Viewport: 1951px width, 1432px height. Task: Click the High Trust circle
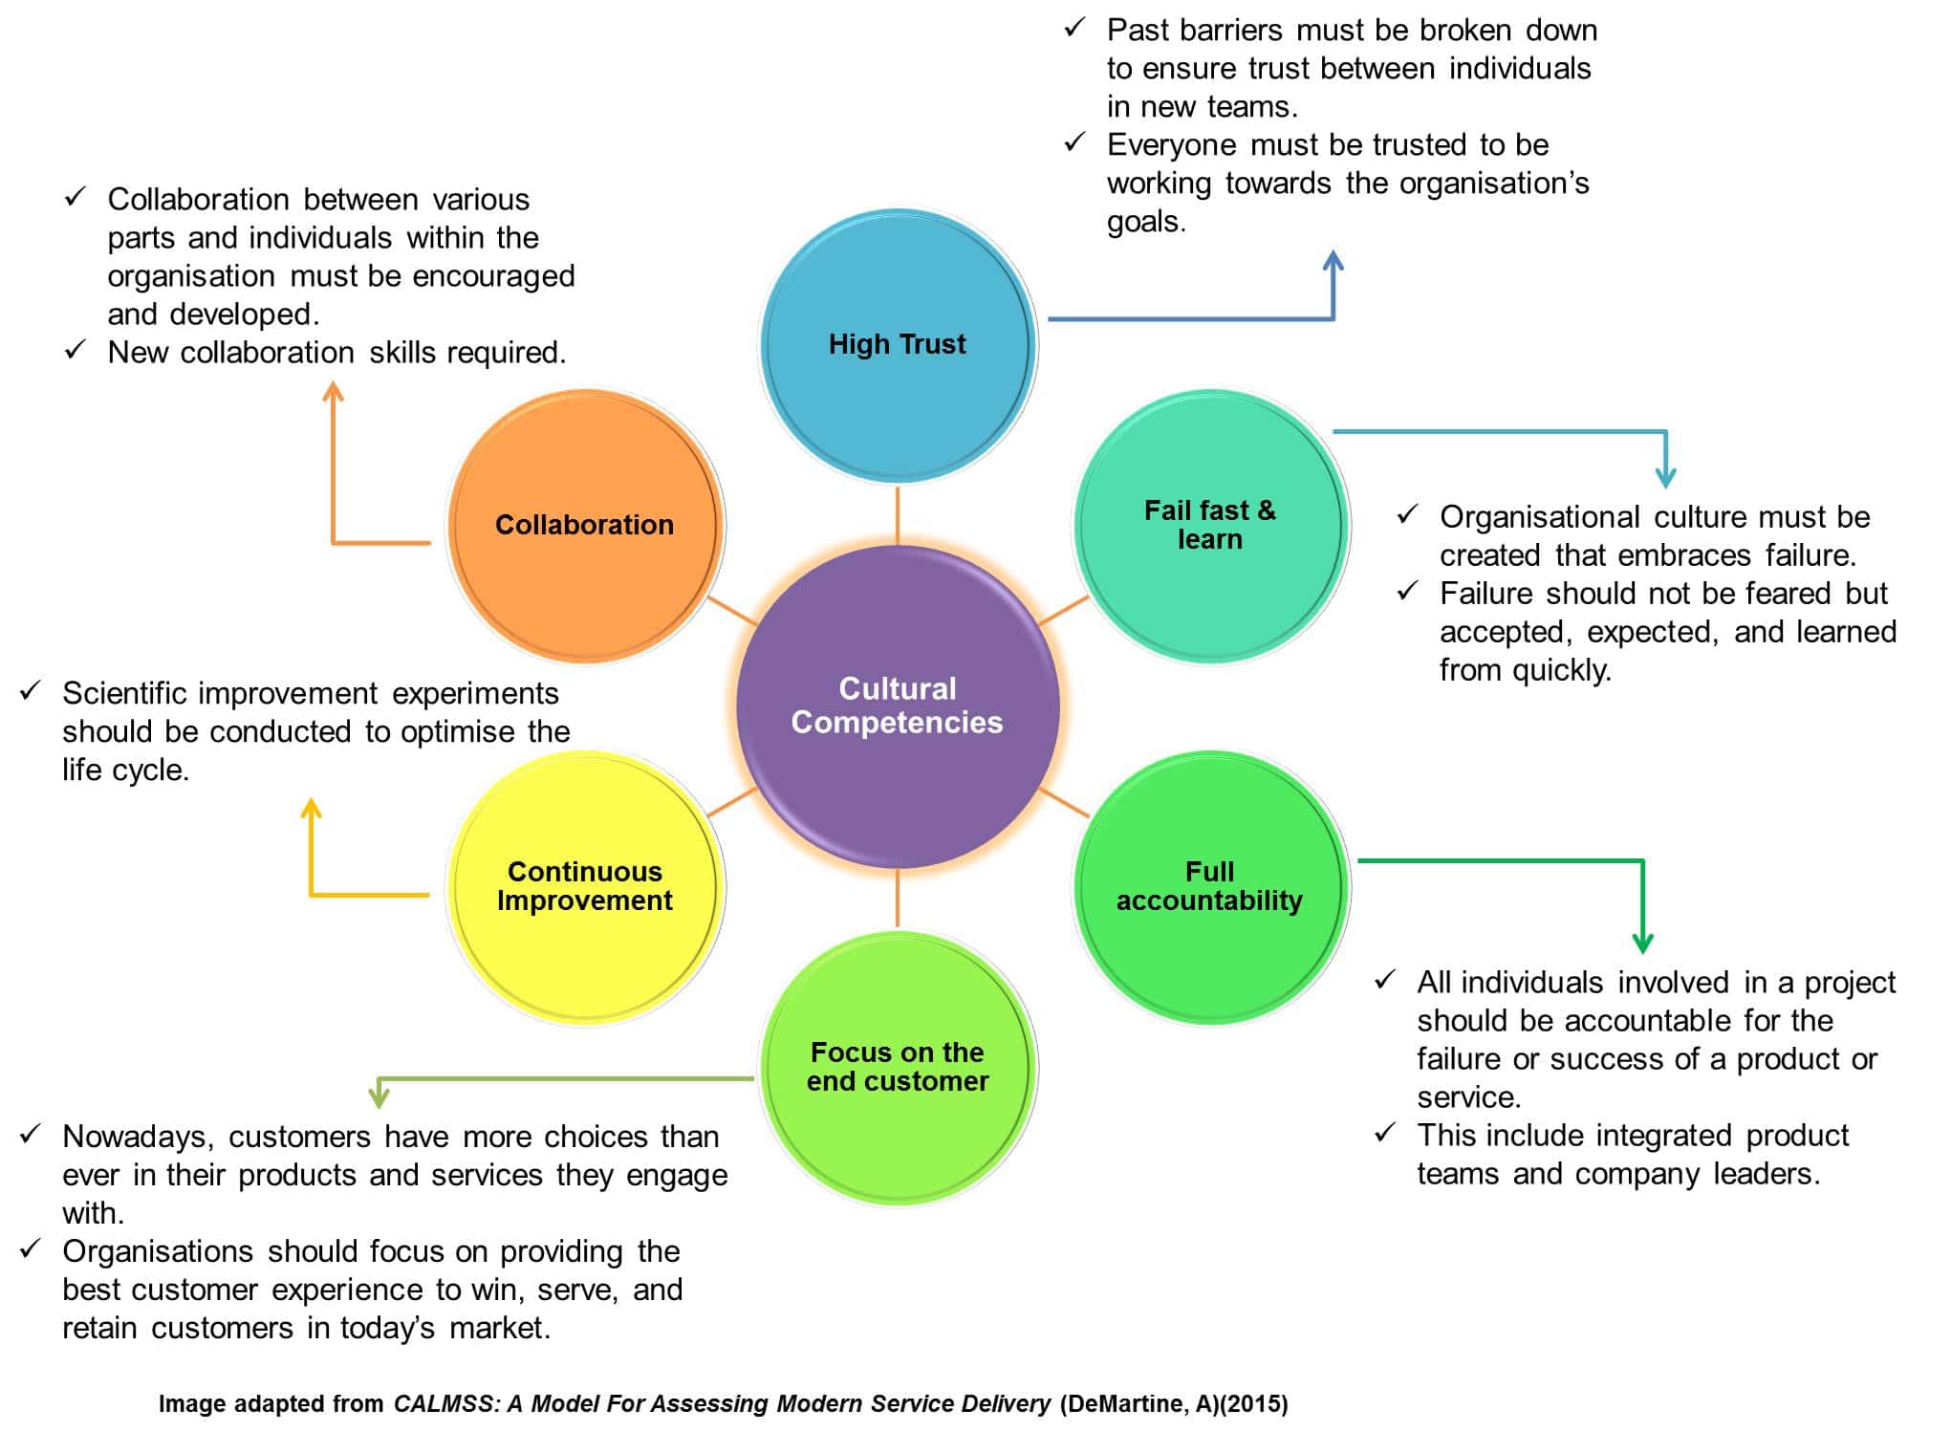tap(898, 344)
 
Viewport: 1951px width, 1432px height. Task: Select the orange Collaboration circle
tap(585, 525)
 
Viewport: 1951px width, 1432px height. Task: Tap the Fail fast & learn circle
tap(1210, 525)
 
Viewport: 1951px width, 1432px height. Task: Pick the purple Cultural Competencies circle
tap(898, 705)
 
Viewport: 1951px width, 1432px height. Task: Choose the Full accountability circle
tap(1210, 886)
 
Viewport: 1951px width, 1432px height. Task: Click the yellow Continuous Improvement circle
tap(585, 886)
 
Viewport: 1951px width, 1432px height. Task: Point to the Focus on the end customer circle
tap(898, 1067)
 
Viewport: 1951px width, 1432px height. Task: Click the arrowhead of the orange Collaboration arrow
tap(333, 392)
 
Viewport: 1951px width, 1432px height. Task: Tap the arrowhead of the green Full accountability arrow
tap(1642, 943)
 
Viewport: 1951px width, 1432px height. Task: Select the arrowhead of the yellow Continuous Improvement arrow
tap(311, 809)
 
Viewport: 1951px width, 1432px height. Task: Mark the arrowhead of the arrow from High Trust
tap(1333, 260)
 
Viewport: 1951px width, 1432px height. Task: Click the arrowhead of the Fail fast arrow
tap(1665, 478)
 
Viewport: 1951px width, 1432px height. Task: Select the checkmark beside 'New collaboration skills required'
tap(76, 350)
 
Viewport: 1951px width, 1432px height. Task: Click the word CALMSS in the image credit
tap(444, 1403)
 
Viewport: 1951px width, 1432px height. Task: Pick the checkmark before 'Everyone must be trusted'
tap(1075, 142)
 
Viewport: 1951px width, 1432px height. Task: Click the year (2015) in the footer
tap(1253, 1403)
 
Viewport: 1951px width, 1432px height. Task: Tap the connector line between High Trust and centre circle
tap(898, 516)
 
